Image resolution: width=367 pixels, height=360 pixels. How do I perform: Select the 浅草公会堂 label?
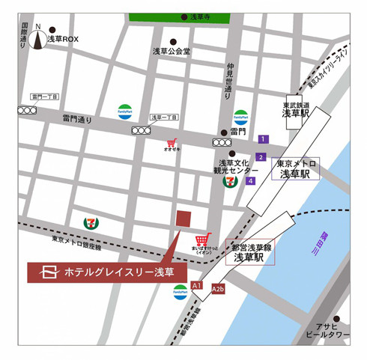(x=172, y=52)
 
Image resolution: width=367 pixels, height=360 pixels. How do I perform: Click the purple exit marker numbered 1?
(x=263, y=138)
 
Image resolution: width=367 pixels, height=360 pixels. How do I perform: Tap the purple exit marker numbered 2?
(x=261, y=157)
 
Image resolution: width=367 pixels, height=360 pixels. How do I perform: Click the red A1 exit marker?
(x=197, y=285)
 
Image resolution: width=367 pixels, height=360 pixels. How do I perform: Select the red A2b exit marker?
(x=218, y=289)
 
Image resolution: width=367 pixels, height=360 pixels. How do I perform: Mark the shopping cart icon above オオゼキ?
(x=172, y=141)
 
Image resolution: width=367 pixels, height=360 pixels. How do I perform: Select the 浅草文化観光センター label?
(x=237, y=167)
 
